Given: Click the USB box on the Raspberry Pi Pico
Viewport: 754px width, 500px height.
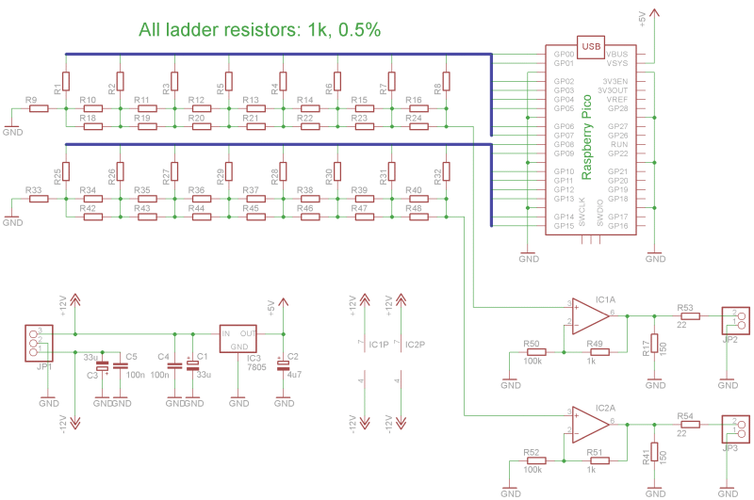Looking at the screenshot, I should pyautogui.click(x=591, y=45).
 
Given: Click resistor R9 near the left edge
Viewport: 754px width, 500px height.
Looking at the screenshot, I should pyautogui.click(x=38, y=109).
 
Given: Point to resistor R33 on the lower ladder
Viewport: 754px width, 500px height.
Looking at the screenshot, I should pyautogui.click(x=38, y=200).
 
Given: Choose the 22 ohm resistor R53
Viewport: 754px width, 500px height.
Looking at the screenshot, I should pyautogui.click(x=689, y=316).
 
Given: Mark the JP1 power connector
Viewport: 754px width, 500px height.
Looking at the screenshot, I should pyautogui.click(x=39, y=342).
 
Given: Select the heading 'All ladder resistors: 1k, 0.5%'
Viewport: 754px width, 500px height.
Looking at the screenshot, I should pyautogui.click(x=259, y=30).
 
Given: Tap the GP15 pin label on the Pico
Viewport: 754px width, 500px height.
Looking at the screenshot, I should pyautogui.click(x=565, y=226).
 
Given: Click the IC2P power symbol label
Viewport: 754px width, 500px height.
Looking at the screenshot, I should pyautogui.click(x=415, y=345).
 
